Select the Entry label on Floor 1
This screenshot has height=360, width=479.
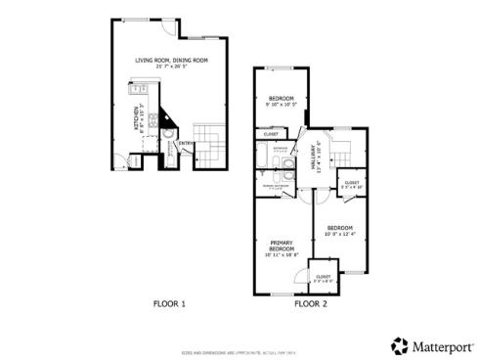pyautogui.click(x=183, y=144)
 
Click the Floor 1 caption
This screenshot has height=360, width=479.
pyautogui.click(x=169, y=304)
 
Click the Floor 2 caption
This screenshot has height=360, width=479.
pyautogui.click(x=310, y=304)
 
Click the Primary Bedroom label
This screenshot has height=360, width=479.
pyautogui.click(x=282, y=248)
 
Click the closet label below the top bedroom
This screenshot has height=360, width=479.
pyautogui.click(x=271, y=134)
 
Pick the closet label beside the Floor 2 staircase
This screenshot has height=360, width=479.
pyautogui.click(x=351, y=183)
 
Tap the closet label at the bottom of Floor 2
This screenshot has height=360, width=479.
pyautogui.click(x=323, y=278)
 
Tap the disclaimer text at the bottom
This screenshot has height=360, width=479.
pyautogui.click(x=240, y=334)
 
